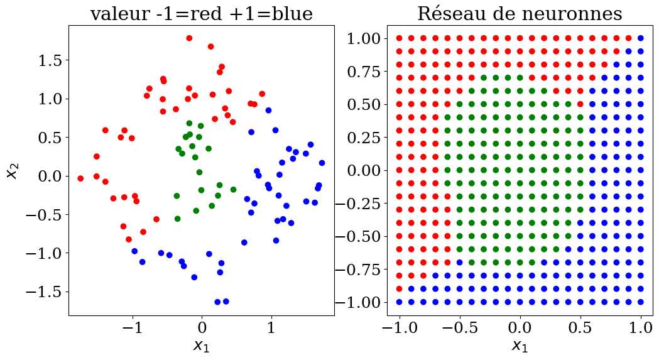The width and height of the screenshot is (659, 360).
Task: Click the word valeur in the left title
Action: coord(117,13)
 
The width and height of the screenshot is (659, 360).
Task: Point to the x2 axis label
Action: coord(12,168)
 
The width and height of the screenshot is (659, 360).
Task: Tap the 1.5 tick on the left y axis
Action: coord(49,60)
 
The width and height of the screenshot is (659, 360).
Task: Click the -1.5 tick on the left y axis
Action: coord(44,292)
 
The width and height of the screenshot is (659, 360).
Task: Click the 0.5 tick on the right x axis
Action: coord(580,327)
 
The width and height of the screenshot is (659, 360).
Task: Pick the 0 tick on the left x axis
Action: coord(202,327)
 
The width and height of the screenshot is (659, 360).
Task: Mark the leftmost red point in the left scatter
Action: coord(80,178)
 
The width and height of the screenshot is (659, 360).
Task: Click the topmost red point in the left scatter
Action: coord(189,38)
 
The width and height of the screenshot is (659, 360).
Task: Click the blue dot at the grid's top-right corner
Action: coord(640,38)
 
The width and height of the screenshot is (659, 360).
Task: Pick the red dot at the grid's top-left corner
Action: coord(399,38)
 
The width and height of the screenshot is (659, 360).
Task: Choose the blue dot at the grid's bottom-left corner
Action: coord(399,302)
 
